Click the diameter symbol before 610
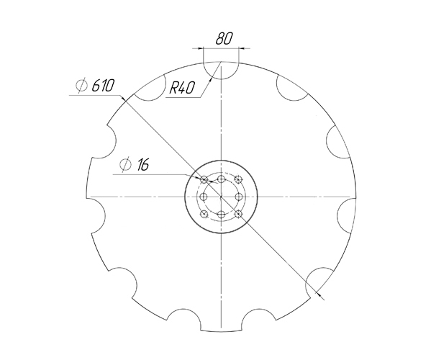(82, 86)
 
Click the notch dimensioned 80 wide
(222, 69)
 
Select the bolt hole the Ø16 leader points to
(205, 179)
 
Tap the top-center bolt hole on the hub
(222, 177)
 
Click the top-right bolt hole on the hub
(238, 180)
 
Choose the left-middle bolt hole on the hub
(204, 196)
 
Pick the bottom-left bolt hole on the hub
(205, 213)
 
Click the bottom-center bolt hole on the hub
(222, 215)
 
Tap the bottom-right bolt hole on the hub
(238, 213)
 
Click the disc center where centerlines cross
(222, 196)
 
